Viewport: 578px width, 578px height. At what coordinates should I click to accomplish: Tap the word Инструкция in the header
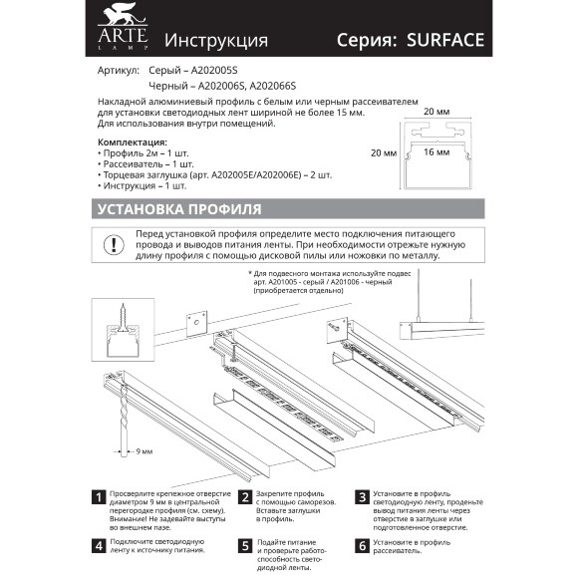point(215,41)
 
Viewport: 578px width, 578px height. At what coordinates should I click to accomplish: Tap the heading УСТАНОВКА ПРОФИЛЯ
point(178,209)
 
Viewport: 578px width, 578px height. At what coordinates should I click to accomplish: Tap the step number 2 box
point(244,495)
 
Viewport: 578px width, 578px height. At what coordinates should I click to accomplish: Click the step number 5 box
point(244,546)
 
